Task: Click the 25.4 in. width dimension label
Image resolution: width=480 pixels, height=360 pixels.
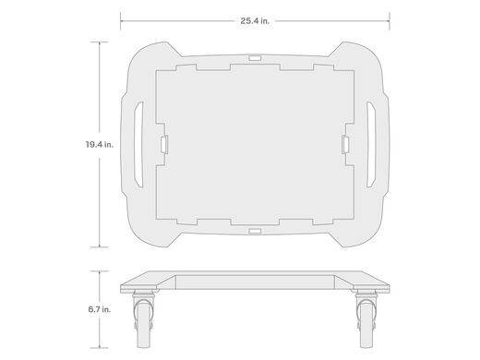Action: tap(255, 21)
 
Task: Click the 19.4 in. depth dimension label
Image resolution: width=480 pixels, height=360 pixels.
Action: tap(100, 144)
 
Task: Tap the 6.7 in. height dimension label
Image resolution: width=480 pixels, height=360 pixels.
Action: tap(100, 309)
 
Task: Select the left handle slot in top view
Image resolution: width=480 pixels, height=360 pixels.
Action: tap(138, 144)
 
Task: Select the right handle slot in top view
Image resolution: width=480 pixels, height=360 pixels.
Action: tap(371, 144)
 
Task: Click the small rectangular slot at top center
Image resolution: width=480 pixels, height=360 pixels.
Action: tap(255, 58)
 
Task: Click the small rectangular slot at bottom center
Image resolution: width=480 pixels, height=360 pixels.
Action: tap(255, 231)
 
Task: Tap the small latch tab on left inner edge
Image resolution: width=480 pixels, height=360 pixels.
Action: tap(164, 144)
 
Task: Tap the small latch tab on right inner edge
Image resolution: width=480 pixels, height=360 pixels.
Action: tap(345, 144)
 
